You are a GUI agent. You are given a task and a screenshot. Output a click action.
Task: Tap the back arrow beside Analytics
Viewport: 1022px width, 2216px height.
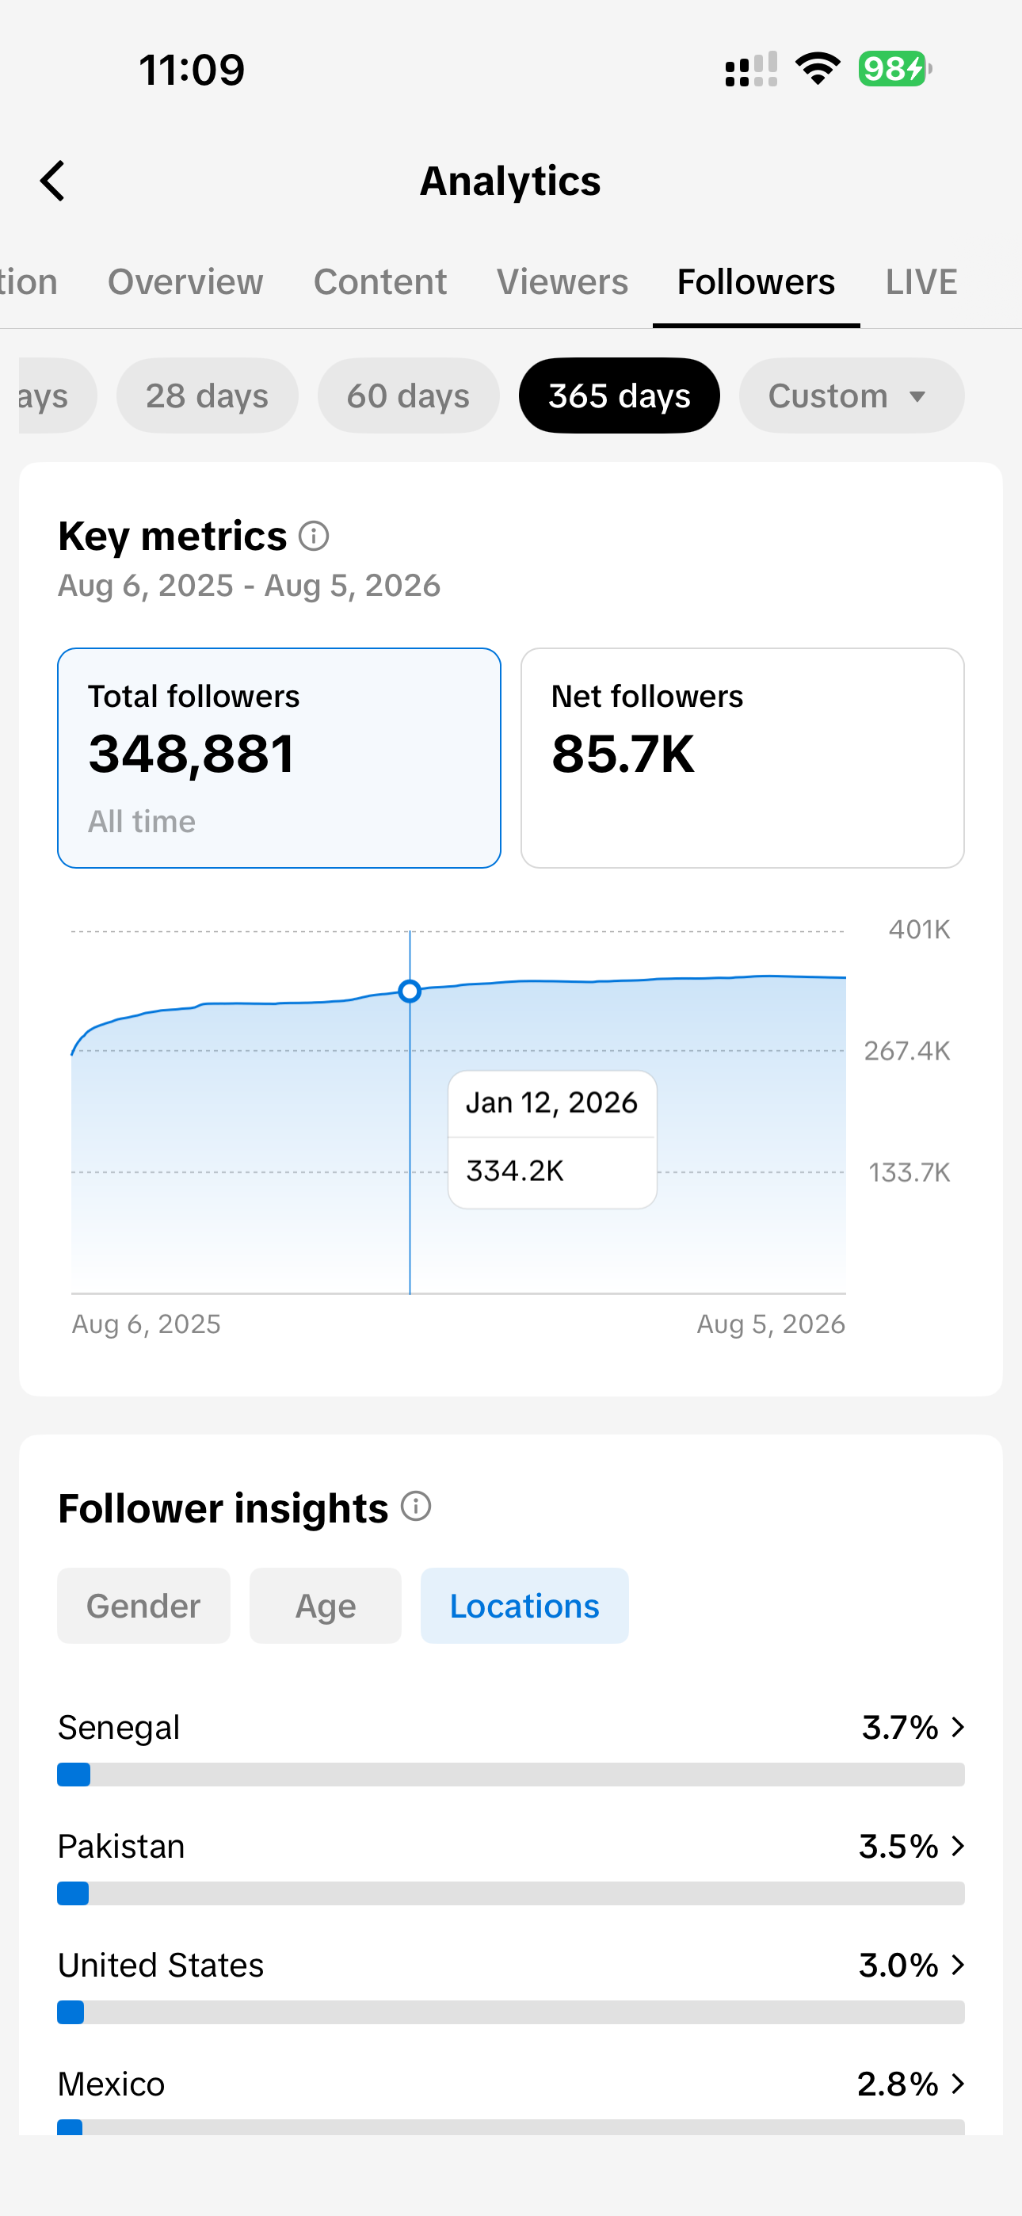(x=52, y=181)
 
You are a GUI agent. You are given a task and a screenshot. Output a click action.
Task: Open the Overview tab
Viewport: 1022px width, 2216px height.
(x=185, y=281)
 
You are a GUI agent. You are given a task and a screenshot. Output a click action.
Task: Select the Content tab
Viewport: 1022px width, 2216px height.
(x=380, y=281)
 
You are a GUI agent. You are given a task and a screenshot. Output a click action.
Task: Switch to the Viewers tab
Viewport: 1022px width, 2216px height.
(x=562, y=281)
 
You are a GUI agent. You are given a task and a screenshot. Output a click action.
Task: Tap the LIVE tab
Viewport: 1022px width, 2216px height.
(x=921, y=281)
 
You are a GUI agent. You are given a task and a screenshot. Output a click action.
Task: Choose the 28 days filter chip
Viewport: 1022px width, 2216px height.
(x=208, y=395)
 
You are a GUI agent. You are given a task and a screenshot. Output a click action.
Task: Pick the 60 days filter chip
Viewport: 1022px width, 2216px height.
(x=409, y=395)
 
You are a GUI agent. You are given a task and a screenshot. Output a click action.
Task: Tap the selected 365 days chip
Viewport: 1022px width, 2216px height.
(x=620, y=395)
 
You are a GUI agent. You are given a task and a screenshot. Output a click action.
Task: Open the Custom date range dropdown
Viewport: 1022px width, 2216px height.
(x=852, y=395)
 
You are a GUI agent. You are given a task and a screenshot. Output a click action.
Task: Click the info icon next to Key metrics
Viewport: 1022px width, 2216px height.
(x=314, y=536)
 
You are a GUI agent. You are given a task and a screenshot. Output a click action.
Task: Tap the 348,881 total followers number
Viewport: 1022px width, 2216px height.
(x=192, y=754)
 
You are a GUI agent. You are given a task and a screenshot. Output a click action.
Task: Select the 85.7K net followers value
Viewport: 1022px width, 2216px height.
(x=623, y=754)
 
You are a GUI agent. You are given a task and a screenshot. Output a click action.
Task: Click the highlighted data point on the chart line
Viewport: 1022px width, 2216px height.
(x=410, y=991)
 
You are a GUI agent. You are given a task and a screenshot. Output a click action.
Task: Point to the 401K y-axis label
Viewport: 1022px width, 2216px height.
(x=920, y=929)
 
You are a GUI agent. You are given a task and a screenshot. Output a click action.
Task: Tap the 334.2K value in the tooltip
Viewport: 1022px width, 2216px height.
(x=515, y=1171)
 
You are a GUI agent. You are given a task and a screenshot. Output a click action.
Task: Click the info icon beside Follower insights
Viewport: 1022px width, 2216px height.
(x=417, y=1507)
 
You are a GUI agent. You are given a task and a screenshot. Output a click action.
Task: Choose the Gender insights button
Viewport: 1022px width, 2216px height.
(x=143, y=1605)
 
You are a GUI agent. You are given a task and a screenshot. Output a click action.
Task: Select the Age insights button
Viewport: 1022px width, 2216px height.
(x=325, y=1605)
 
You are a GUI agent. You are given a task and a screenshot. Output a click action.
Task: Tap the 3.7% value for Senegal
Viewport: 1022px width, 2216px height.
(x=900, y=1726)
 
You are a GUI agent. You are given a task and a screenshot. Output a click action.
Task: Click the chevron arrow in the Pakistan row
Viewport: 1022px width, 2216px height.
(x=958, y=1845)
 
